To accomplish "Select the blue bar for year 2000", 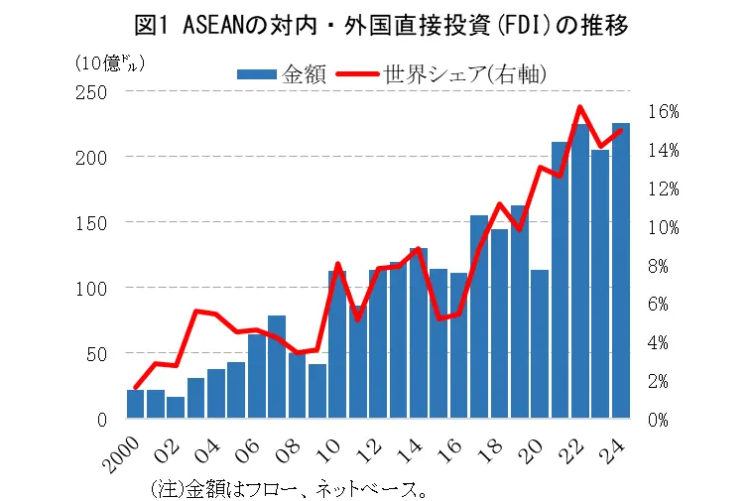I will [136, 404].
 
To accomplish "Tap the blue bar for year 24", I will [621, 271].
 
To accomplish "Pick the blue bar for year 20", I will [540, 343].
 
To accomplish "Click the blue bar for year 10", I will [337, 343].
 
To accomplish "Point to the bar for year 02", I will [176, 408].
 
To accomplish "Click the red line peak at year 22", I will [580, 107].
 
